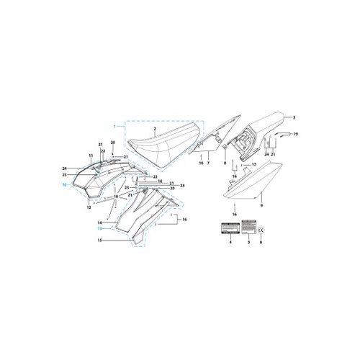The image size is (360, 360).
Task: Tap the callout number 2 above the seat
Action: coord(153,128)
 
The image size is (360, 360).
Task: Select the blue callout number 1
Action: coord(113,127)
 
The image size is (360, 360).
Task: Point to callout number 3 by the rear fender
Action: coord(294,117)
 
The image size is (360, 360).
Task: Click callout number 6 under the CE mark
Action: coord(261,244)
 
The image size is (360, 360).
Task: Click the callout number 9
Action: coord(261,206)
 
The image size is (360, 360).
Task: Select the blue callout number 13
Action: coord(99,229)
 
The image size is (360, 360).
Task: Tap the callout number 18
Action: coord(115,196)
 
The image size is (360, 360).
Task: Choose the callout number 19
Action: coord(295,135)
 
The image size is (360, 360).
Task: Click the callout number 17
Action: coord(253,164)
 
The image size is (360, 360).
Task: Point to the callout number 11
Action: coord(91,156)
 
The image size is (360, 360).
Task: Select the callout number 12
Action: coord(89,207)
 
